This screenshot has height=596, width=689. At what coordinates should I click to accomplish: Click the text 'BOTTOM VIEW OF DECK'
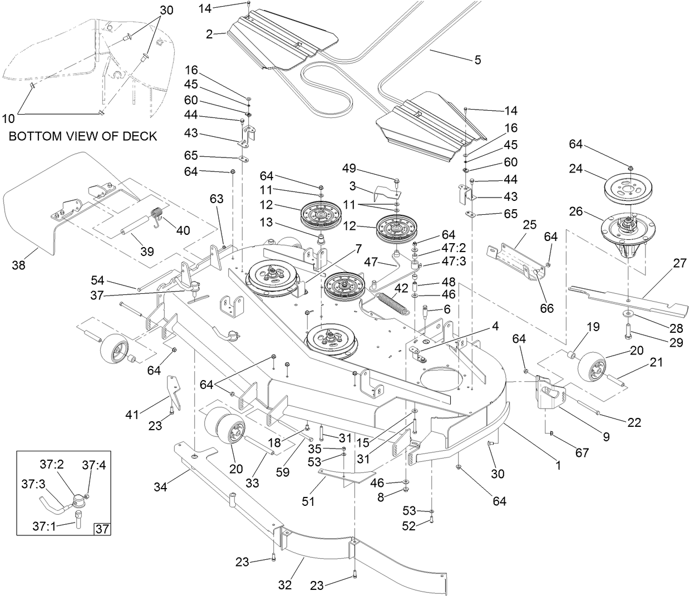[83, 135]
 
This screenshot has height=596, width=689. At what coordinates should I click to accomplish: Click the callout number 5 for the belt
[478, 60]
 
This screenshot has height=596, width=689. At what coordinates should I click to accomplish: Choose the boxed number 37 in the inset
[102, 529]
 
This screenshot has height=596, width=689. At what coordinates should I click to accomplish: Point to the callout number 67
[582, 453]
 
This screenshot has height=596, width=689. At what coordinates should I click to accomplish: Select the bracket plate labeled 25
[515, 259]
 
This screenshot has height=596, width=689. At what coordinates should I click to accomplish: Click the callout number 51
[308, 501]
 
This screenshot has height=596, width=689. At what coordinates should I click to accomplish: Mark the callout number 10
[8, 118]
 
